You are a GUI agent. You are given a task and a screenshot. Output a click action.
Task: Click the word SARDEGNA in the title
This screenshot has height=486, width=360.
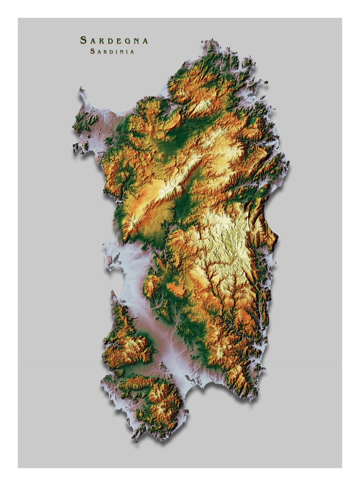[114, 40]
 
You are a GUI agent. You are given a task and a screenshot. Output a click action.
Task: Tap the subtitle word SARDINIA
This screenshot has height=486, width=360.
[112, 51]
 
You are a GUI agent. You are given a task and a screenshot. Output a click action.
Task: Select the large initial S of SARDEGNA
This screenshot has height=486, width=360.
[83, 40]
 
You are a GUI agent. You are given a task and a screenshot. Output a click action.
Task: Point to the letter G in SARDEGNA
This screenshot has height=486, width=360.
[126, 41]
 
